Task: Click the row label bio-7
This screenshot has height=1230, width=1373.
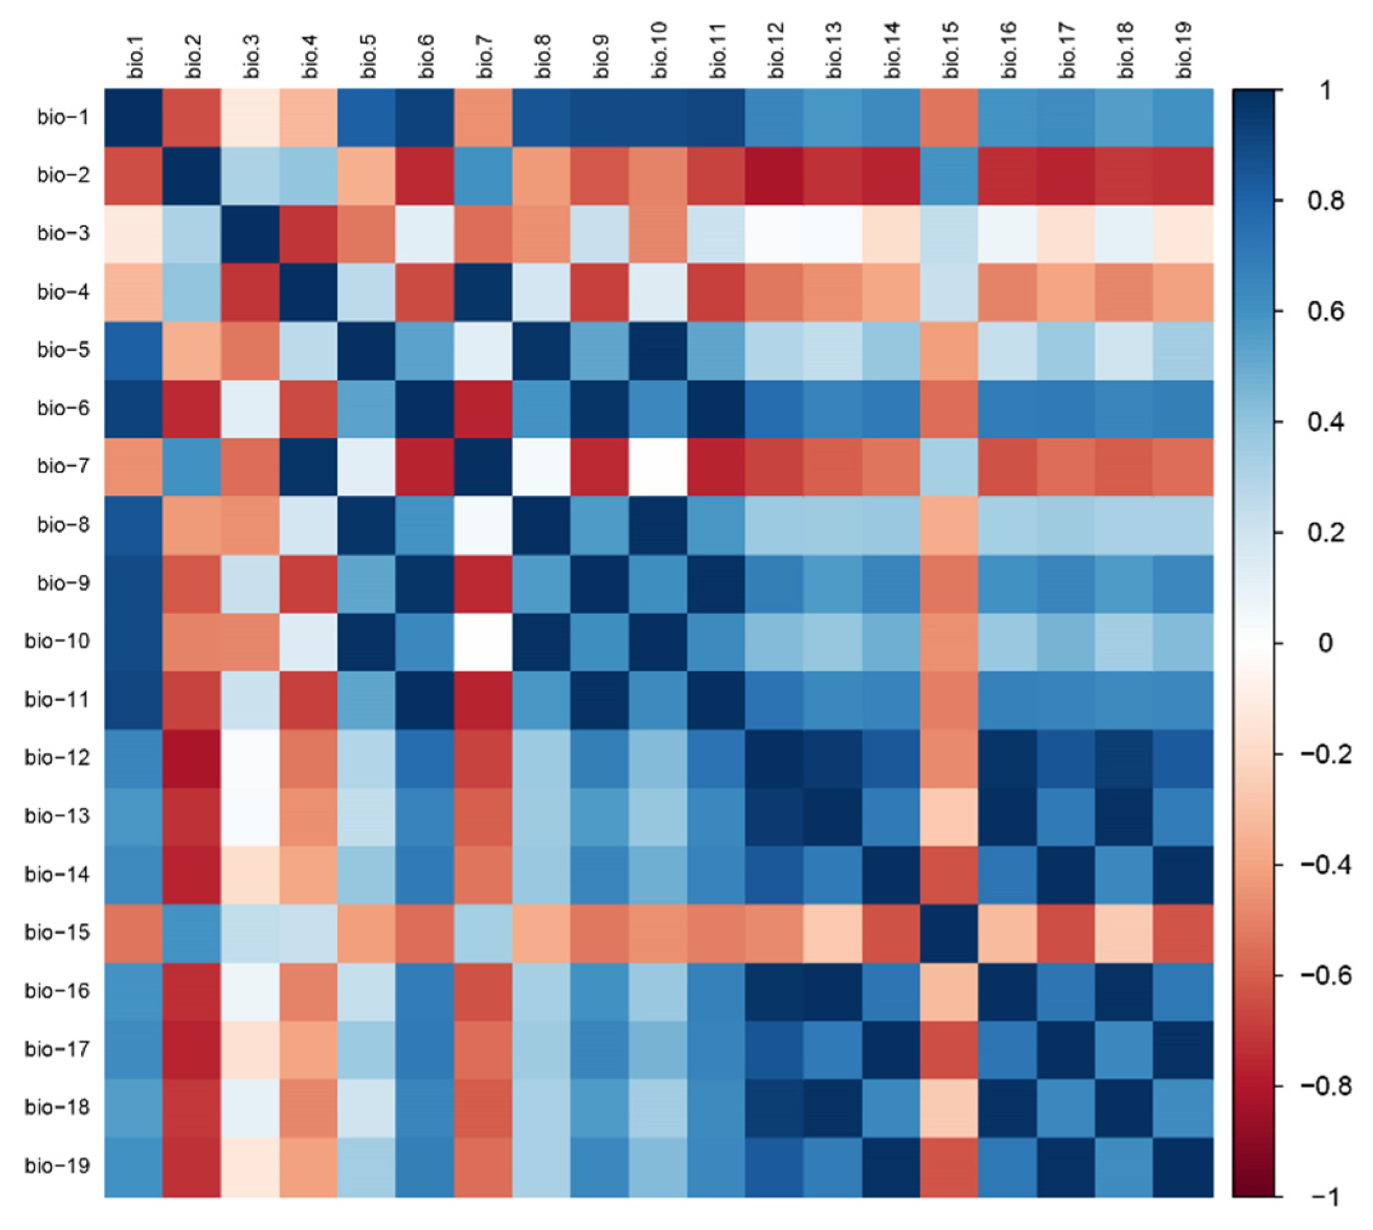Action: coord(63,467)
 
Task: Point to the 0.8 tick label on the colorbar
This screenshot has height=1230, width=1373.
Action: coord(1325,201)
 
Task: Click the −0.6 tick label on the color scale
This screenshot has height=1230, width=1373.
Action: coord(1325,976)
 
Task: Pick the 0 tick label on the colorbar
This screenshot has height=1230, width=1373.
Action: coord(1325,643)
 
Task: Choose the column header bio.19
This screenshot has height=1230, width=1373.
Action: coord(1183,50)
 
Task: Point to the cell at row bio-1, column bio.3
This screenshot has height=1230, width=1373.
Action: coord(251,118)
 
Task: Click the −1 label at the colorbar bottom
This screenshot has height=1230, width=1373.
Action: coord(1325,1197)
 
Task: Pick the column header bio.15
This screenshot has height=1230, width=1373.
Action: coord(950,50)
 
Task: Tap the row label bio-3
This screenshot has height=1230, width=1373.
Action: coord(63,234)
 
